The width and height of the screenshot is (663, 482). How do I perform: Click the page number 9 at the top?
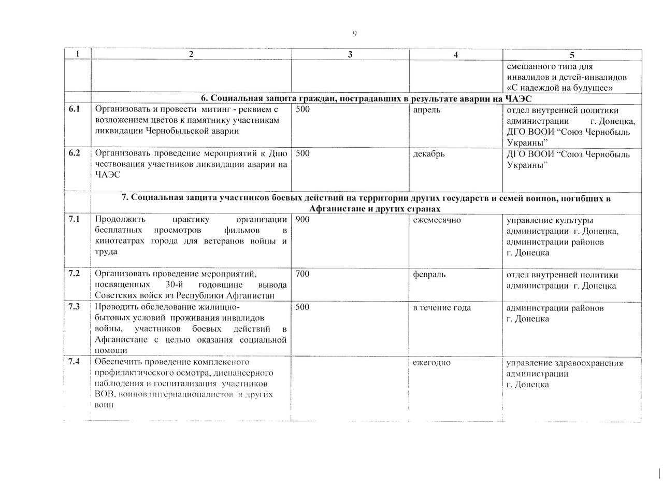(355, 34)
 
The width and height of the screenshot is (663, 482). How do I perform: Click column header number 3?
(350, 55)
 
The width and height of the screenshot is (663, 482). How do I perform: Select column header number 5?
(572, 55)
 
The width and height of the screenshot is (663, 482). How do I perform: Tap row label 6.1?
(74, 110)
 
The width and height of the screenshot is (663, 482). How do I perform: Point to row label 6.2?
(74, 154)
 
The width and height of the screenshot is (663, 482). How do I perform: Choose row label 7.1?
(74, 219)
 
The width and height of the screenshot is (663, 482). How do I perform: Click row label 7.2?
(74, 274)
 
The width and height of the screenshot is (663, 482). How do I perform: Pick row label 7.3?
(74, 307)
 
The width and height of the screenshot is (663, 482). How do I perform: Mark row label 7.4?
(74, 362)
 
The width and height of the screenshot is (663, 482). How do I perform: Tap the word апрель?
(427, 110)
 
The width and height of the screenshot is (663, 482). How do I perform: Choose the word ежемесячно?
(437, 220)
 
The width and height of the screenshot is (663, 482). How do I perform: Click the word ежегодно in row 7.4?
(431, 362)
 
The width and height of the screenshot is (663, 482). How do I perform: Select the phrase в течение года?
(442, 307)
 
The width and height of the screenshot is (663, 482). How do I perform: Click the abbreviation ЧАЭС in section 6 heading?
(518, 98)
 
